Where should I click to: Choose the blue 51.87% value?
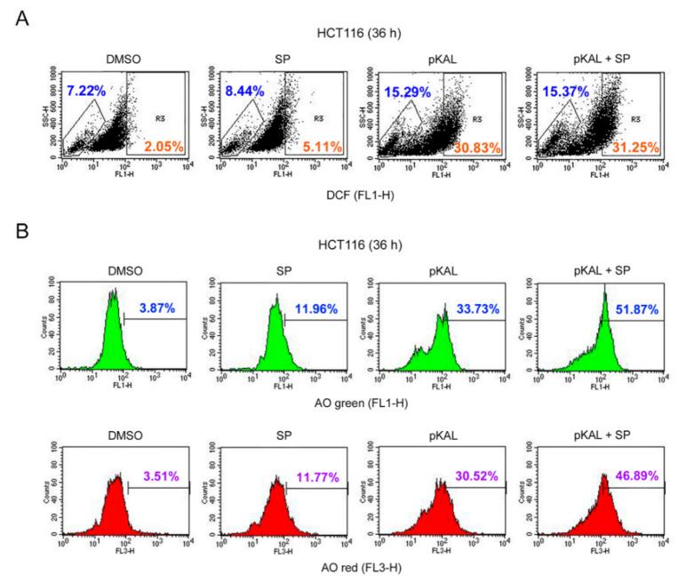[x=635, y=308]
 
